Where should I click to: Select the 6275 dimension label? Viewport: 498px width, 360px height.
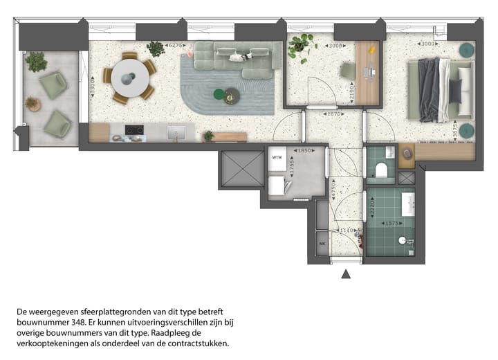176,45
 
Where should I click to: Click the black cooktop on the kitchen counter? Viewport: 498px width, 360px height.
133,129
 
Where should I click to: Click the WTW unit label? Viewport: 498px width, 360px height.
277,158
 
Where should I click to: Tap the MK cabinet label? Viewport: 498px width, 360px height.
322,244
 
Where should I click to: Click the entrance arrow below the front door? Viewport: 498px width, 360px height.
346,274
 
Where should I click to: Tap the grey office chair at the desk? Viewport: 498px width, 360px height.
349,71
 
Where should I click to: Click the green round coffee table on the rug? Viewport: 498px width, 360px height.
219,93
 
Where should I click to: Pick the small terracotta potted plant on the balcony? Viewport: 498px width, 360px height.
33,105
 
